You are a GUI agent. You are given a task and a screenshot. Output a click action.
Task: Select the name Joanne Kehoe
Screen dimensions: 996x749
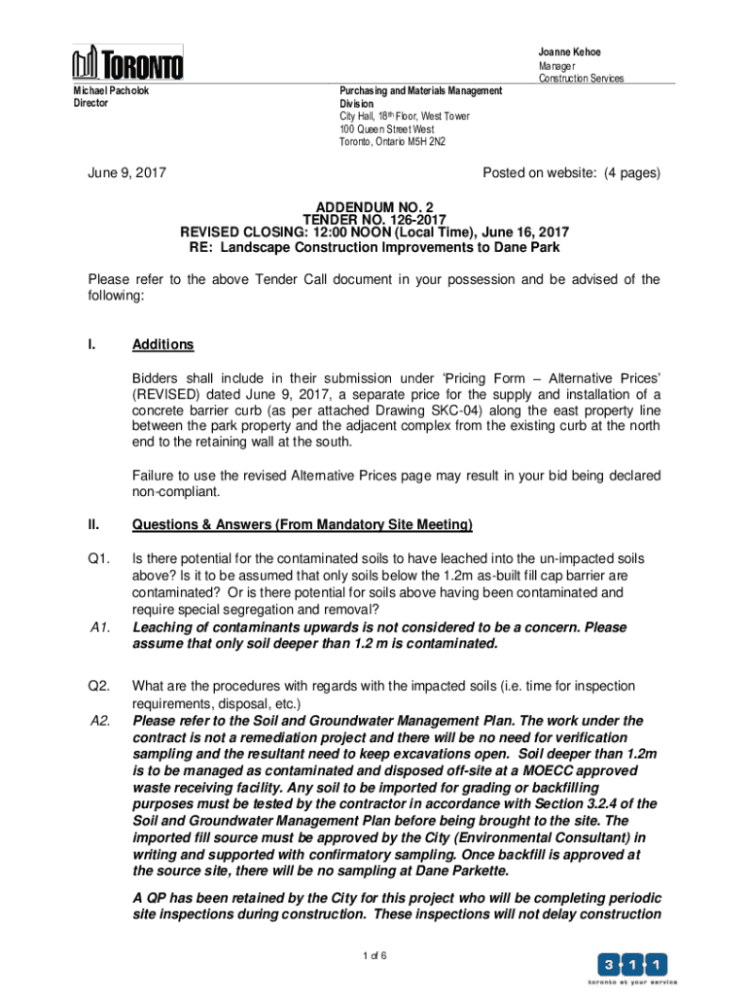(570, 52)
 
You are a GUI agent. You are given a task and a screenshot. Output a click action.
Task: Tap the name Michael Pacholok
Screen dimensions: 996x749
(111, 90)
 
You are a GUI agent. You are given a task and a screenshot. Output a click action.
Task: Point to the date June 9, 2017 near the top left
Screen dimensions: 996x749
(126, 173)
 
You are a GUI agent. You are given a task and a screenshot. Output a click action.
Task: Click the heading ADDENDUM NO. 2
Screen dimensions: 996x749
(374, 207)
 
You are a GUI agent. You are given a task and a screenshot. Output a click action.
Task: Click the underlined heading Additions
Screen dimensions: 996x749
(162, 345)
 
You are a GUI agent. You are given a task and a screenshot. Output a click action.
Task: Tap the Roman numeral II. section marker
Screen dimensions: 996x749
(93, 525)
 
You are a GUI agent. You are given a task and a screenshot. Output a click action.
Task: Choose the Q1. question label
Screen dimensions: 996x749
(97, 559)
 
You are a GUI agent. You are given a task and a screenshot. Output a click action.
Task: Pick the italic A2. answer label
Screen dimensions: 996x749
(99, 721)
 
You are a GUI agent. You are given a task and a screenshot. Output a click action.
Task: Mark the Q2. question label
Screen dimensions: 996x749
(97, 686)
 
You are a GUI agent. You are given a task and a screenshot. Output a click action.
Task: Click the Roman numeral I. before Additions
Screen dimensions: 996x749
(91, 345)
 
